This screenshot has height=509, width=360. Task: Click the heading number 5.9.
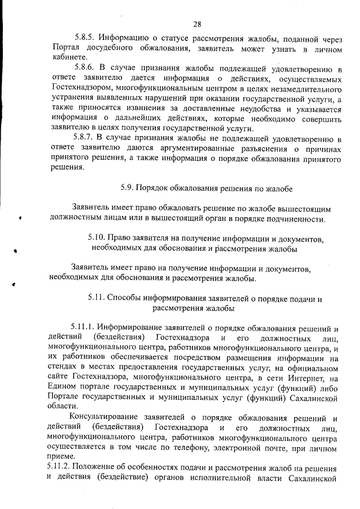coord(129,187)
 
